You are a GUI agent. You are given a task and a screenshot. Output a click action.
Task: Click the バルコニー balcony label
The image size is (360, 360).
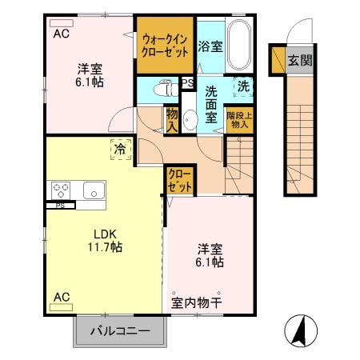119,330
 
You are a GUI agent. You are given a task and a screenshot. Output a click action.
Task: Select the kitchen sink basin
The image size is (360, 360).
91,190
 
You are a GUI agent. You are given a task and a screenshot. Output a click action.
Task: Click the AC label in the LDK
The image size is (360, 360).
61,298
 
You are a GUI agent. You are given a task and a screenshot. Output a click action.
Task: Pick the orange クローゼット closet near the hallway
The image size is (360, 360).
181,181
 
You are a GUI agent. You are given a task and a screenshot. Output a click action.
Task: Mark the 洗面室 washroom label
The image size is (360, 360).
212,105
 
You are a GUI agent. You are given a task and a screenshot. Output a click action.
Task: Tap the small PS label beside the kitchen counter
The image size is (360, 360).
60,205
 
